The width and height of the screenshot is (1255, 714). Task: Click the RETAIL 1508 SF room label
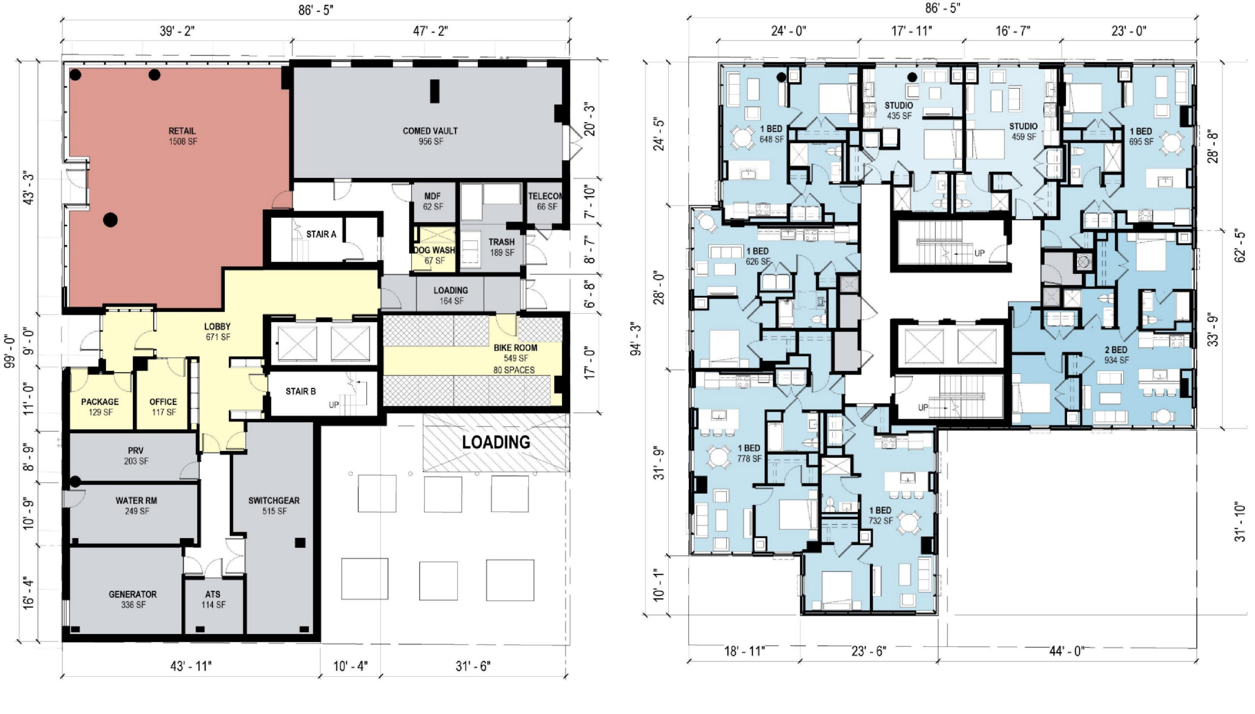tap(182, 136)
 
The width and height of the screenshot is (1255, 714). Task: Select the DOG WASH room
tap(434, 249)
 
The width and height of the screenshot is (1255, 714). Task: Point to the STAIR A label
tap(321, 234)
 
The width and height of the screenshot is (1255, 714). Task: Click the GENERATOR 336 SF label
tap(133, 599)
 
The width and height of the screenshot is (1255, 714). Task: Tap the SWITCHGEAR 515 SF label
tap(274, 506)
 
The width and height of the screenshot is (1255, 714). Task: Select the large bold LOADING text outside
tap(496, 443)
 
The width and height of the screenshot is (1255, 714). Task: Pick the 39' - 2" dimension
tap(177, 31)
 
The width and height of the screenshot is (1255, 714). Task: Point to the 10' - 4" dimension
tap(350, 666)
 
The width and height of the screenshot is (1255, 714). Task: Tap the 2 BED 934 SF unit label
tap(1116, 355)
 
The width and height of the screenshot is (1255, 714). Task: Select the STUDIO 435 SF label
tap(899, 111)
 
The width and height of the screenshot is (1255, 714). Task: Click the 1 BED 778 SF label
tap(749, 453)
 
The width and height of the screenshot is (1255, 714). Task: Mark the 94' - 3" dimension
tap(636, 339)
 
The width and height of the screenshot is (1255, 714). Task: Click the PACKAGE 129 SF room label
tap(100, 407)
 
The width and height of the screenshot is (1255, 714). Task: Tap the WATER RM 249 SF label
tap(136, 506)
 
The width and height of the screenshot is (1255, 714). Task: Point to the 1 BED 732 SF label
tap(880, 516)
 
